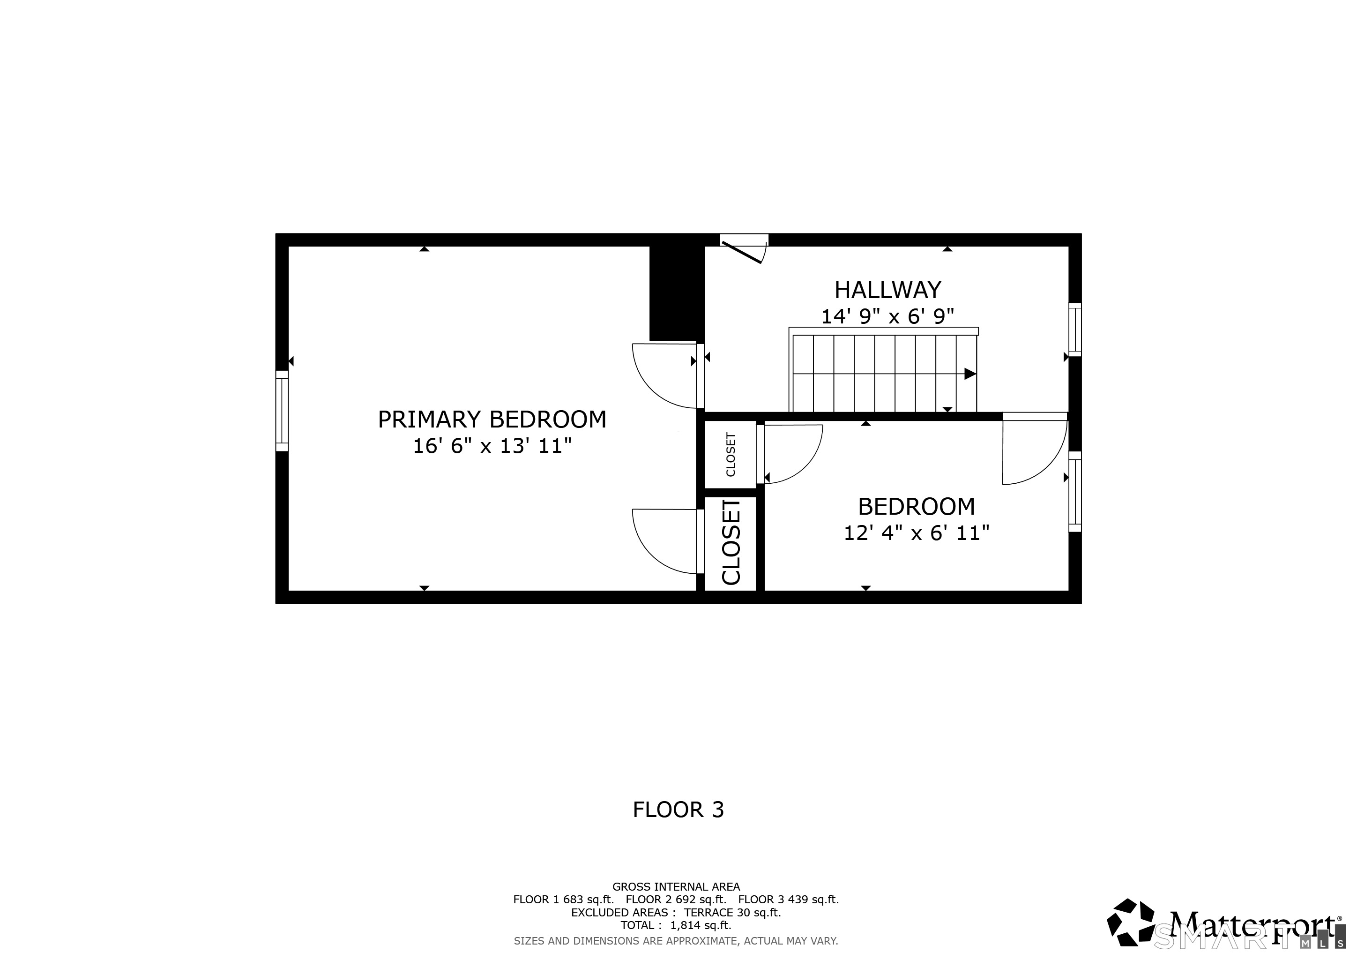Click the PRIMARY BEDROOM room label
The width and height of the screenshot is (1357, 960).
(492, 419)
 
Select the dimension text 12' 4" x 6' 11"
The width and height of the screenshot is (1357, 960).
(916, 533)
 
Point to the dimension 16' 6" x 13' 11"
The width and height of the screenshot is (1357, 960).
(492, 446)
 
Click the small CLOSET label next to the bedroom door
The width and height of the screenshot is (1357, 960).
(731, 455)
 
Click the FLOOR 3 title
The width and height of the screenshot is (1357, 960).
(678, 809)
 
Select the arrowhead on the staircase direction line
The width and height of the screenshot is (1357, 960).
(970, 374)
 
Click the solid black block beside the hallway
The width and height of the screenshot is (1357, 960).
(677, 293)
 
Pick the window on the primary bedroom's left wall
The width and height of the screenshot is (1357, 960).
(282, 411)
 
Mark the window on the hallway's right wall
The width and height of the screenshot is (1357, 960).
(1075, 330)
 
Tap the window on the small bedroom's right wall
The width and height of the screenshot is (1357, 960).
(1075, 492)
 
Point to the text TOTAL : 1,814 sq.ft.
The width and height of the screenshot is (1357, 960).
(676, 925)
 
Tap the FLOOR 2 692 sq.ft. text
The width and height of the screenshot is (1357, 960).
(676, 899)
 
